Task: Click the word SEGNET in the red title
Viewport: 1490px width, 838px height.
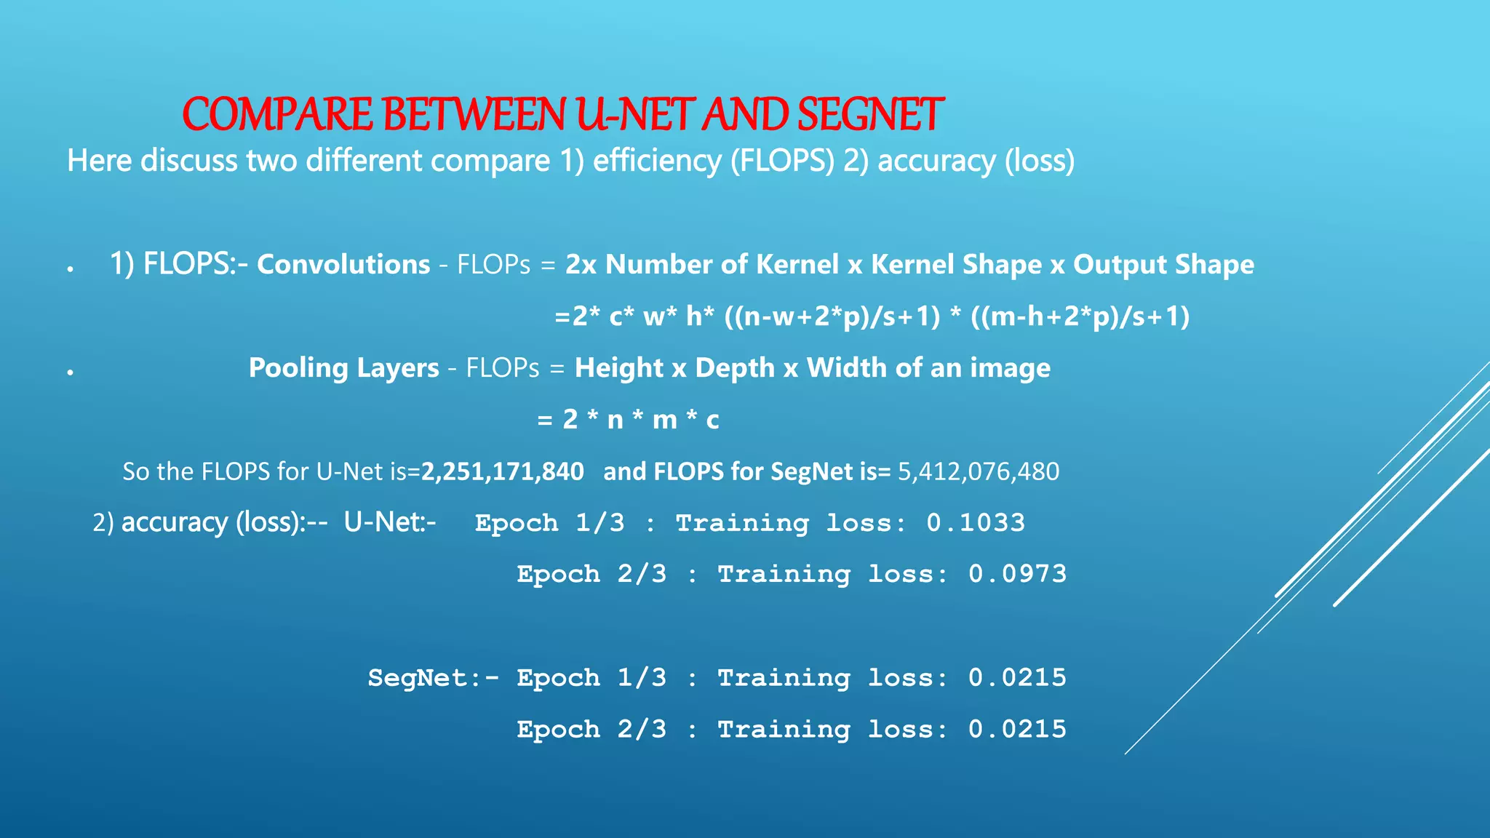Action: [870, 115]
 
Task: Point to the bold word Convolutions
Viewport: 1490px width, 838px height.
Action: [343, 265]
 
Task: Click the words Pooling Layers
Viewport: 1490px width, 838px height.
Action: [343, 368]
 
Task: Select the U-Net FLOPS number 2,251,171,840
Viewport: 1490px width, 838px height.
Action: [503, 471]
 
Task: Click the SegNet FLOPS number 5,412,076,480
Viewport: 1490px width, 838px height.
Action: [979, 471]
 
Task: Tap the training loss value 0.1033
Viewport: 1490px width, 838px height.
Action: [976, 523]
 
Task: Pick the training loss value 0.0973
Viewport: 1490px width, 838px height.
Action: [1017, 575]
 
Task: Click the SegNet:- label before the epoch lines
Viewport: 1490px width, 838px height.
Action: [434, 678]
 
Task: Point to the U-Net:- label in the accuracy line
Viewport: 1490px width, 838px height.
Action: [390, 522]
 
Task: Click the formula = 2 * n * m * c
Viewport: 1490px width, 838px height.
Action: [628, 420]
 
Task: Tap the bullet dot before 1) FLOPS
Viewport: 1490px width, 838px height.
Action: [71, 269]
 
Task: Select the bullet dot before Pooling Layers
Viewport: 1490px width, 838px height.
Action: [71, 372]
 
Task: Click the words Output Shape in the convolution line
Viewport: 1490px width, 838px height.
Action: [1163, 265]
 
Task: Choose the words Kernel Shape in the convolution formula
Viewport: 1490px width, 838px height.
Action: [956, 265]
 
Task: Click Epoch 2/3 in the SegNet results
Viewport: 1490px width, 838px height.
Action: [591, 730]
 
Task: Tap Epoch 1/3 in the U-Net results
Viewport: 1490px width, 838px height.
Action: [549, 523]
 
